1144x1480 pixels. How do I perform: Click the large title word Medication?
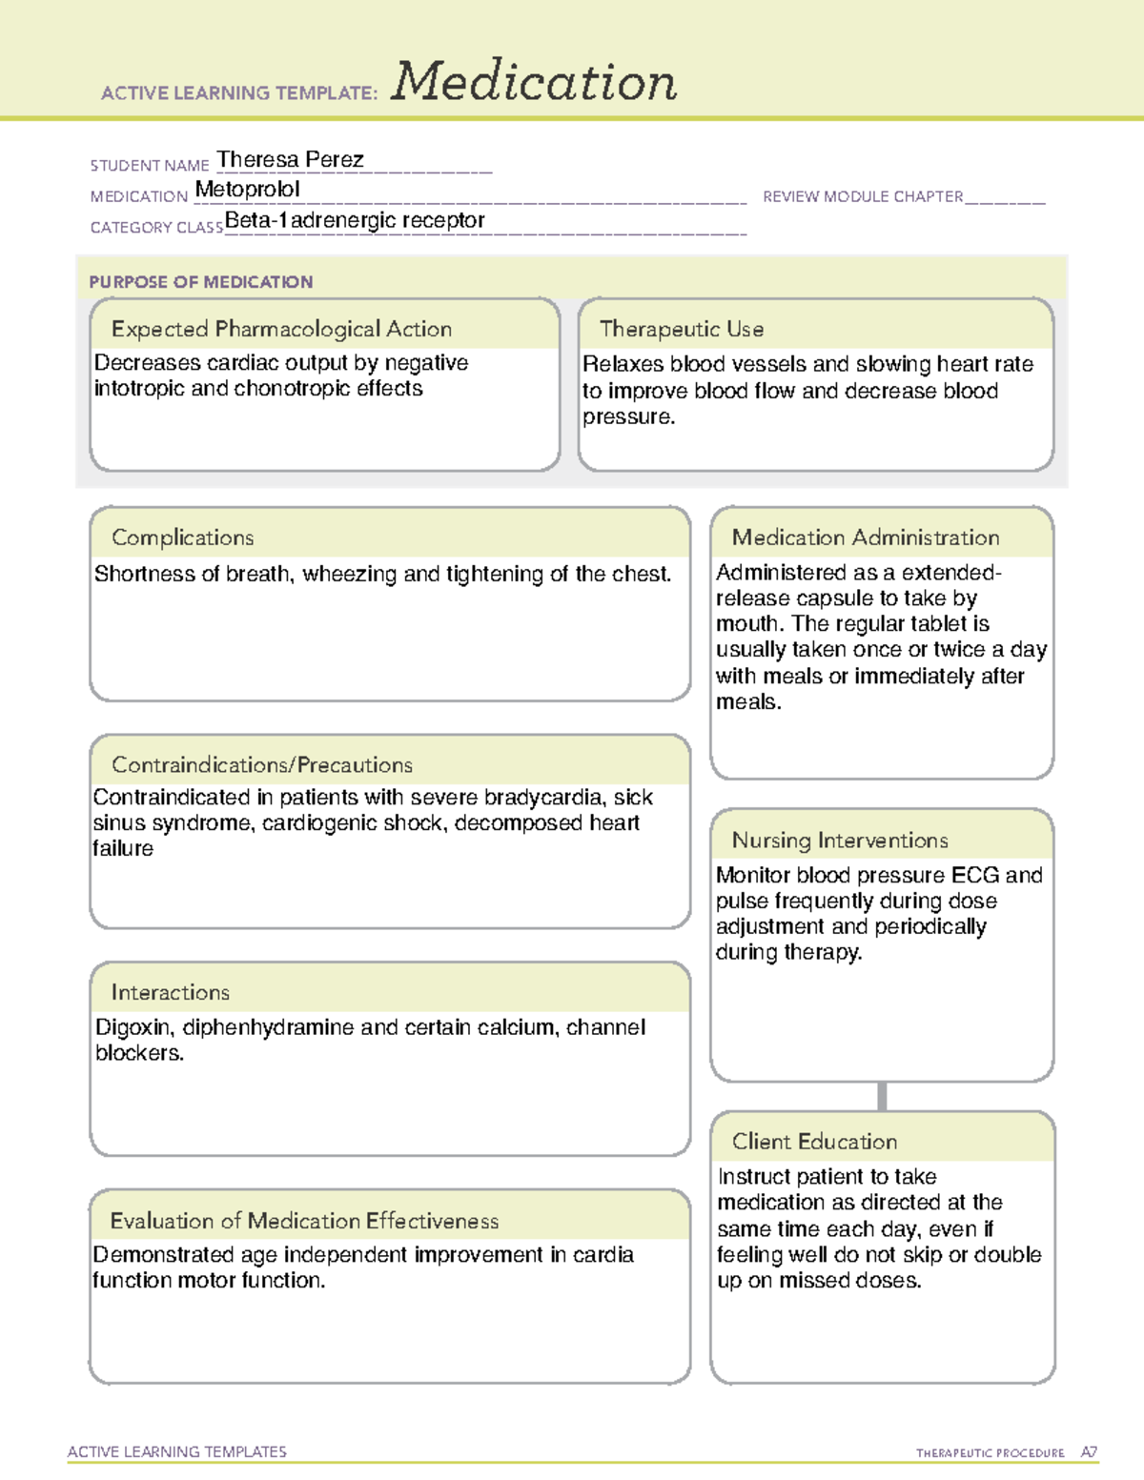[534, 82]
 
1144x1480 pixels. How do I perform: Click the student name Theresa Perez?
[290, 159]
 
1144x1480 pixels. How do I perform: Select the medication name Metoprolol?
[247, 190]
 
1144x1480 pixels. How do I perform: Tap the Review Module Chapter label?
[863, 196]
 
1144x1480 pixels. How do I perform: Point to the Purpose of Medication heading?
[201, 282]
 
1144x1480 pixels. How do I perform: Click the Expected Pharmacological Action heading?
[281, 329]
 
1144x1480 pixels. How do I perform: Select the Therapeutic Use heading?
[682, 329]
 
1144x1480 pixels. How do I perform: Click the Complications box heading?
[182, 537]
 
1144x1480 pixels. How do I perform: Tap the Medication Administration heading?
[866, 537]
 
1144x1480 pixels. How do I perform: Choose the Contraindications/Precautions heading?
[262, 764]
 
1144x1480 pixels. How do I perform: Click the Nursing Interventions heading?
[840, 840]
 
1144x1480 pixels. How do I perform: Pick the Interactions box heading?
[170, 992]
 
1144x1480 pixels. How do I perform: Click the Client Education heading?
[814, 1141]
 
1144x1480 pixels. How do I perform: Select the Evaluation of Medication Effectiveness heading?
[304, 1221]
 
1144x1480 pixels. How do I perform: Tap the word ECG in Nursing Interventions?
[975, 875]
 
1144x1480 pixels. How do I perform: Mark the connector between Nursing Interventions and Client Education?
[882, 1096]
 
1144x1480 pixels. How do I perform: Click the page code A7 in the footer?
[1089, 1452]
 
